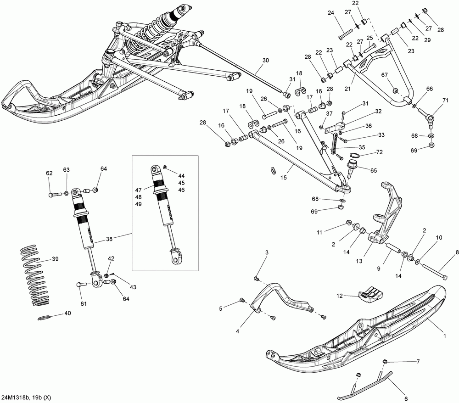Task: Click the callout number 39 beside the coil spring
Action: click(x=55, y=259)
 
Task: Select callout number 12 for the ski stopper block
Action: click(x=339, y=296)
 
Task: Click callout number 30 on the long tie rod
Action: click(x=265, y=61)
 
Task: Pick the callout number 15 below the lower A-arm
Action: click(x=283, y=178)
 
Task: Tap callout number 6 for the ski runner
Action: click(x=406, y=398)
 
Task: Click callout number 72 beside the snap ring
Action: click(x=380, y=152)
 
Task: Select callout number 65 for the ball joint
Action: click(x=374, y=170)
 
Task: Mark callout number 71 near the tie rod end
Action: click(x=445, y=101)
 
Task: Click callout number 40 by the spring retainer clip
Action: click(x=67, y=313)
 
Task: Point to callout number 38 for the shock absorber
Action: click(x=109, y=239)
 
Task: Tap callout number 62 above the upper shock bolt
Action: click(x=49, y=173)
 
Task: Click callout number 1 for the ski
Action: click(x=445, y=336)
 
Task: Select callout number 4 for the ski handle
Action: click(x=237, y=331)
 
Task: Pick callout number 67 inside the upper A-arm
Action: click(x=384, y=75)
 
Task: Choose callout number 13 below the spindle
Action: click(x=359, y=261)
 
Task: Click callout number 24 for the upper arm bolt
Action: click(x=331, y=12)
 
